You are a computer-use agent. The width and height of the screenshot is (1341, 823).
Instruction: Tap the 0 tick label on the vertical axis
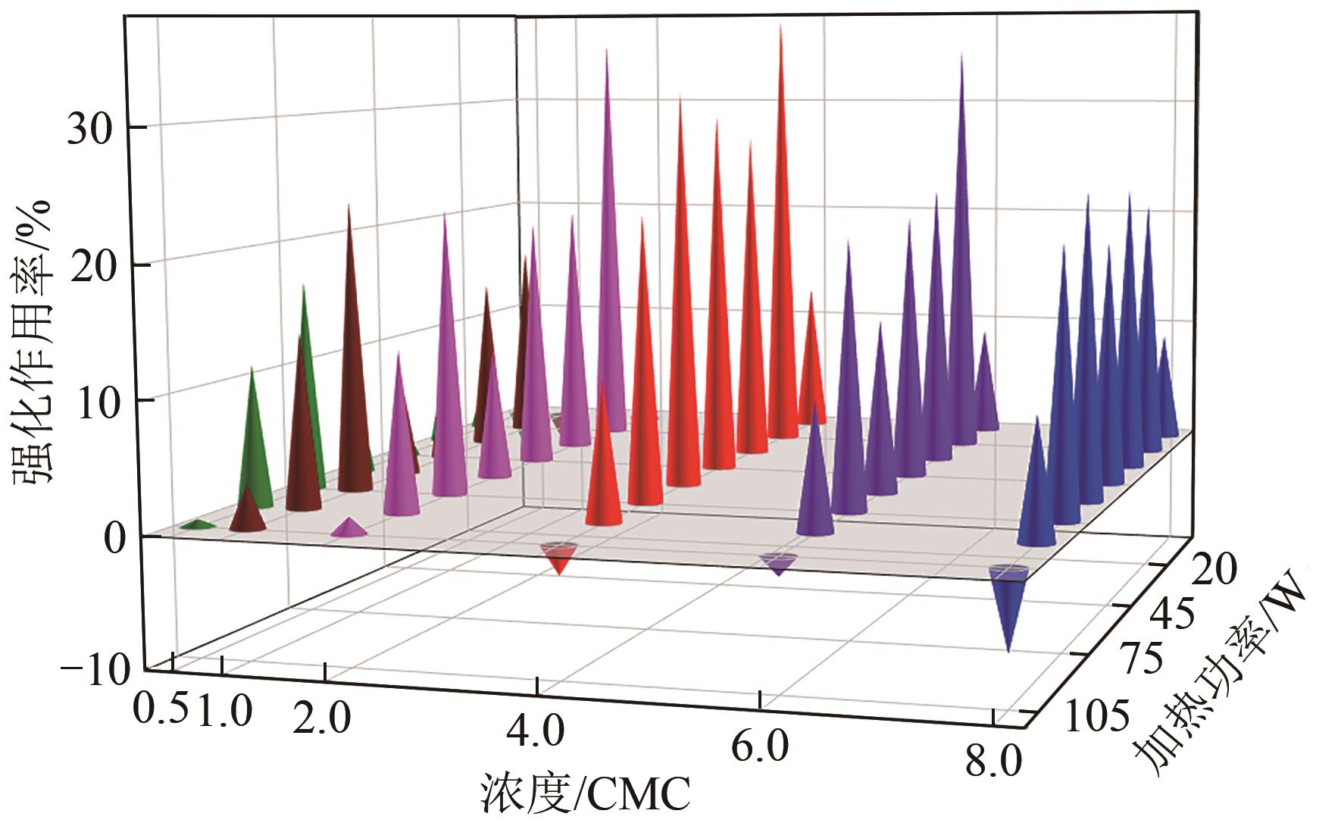pyautogui.click(x=111, y=540)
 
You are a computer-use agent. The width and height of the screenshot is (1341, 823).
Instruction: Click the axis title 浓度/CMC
pyautogui.click(x=585, y=795)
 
